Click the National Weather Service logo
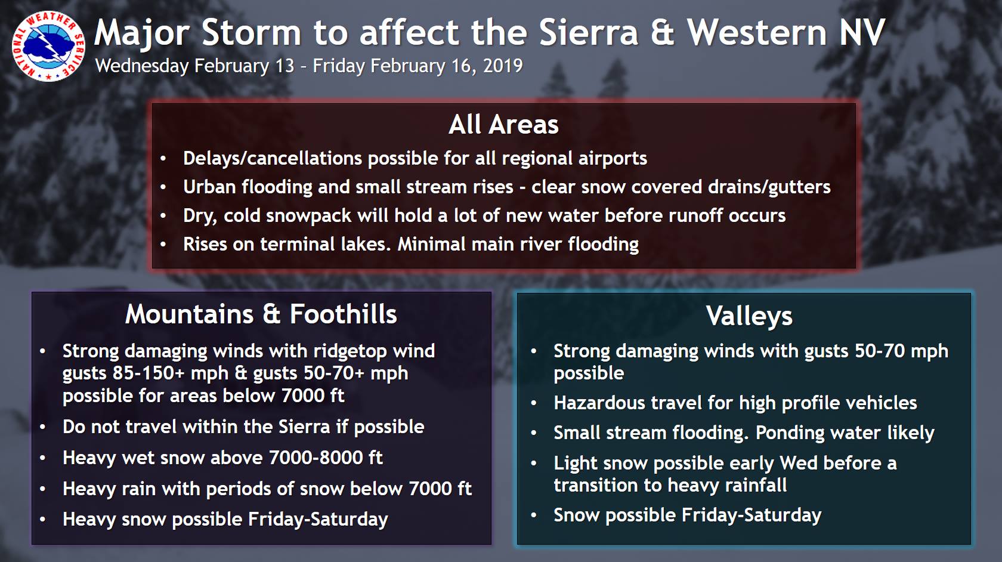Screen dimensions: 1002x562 click(48, 46)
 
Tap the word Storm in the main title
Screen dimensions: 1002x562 click(252, 32)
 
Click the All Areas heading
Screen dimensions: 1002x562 click(503, 124)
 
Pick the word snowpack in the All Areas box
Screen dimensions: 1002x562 click(308, 216)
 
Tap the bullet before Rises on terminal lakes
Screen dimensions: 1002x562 click(163, 245)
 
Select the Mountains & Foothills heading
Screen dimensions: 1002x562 click(261, 314)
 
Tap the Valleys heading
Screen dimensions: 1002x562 click(749, 316)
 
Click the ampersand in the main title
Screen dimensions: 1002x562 click(662, 32)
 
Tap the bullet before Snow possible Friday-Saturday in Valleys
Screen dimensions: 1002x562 click(534, 515)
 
